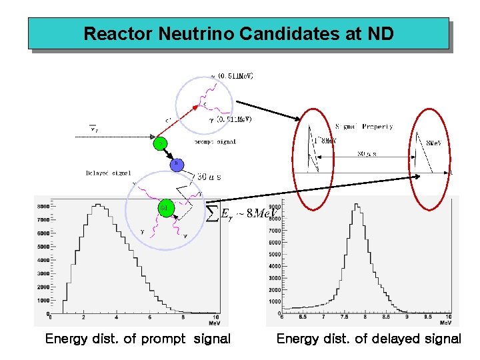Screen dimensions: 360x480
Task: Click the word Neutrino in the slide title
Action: click(x=191, y=33)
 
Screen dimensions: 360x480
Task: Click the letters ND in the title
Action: click(x=381, y=33)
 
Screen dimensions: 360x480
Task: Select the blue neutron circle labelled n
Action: click(x=176, y=163)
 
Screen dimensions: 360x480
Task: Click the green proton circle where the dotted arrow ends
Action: click(x=159, y=143)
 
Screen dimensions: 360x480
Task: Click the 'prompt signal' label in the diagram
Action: click(x=215, y=142)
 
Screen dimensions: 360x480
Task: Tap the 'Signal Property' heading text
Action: click(x=363, y=126)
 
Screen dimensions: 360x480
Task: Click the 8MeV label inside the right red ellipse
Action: click(x=433, y=143)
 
